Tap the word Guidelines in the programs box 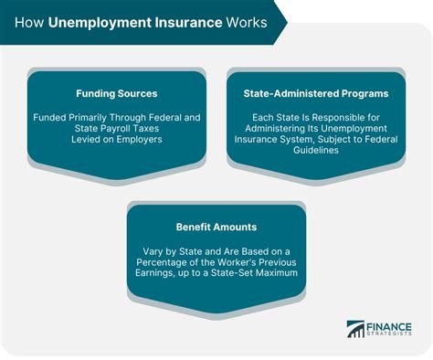click(x=315, y=151)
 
